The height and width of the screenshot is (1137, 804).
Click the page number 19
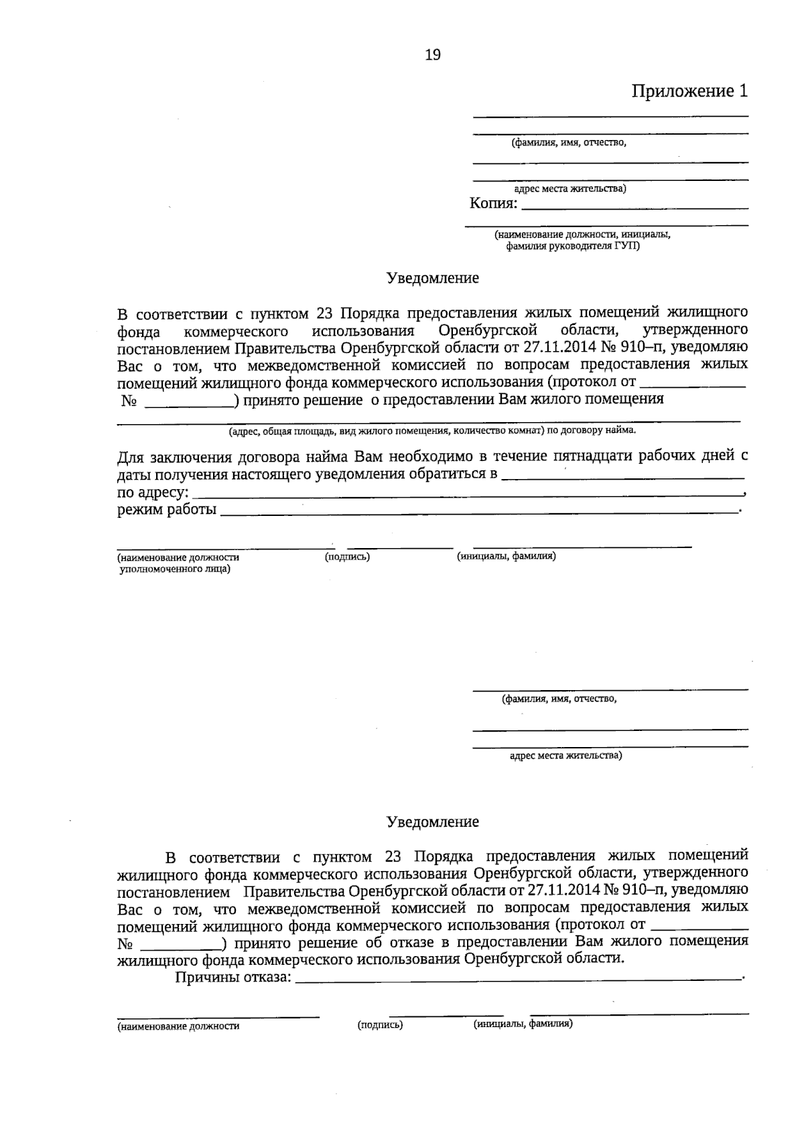pyautogui.click(x=433, y=56)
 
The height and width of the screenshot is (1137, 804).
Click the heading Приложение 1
pyautogui.click(x=689, y=91)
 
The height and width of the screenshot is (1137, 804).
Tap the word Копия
pyautogui.click(x=492, y=203)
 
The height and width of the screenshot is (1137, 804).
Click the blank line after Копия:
pyautogui.click(x=634, y=208)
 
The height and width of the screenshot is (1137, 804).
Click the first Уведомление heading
pyautogui.click(x=433, y=278)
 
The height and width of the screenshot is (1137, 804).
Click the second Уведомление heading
pyautogui.click(x=433, y=822)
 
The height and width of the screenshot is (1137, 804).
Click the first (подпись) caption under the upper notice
pyautogui.click(x=347, y=557)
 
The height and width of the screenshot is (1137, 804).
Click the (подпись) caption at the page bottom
pyautogui.click(x=380, y=1024)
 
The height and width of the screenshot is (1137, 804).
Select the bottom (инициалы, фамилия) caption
pyautogui.click(x=523, y=1024)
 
